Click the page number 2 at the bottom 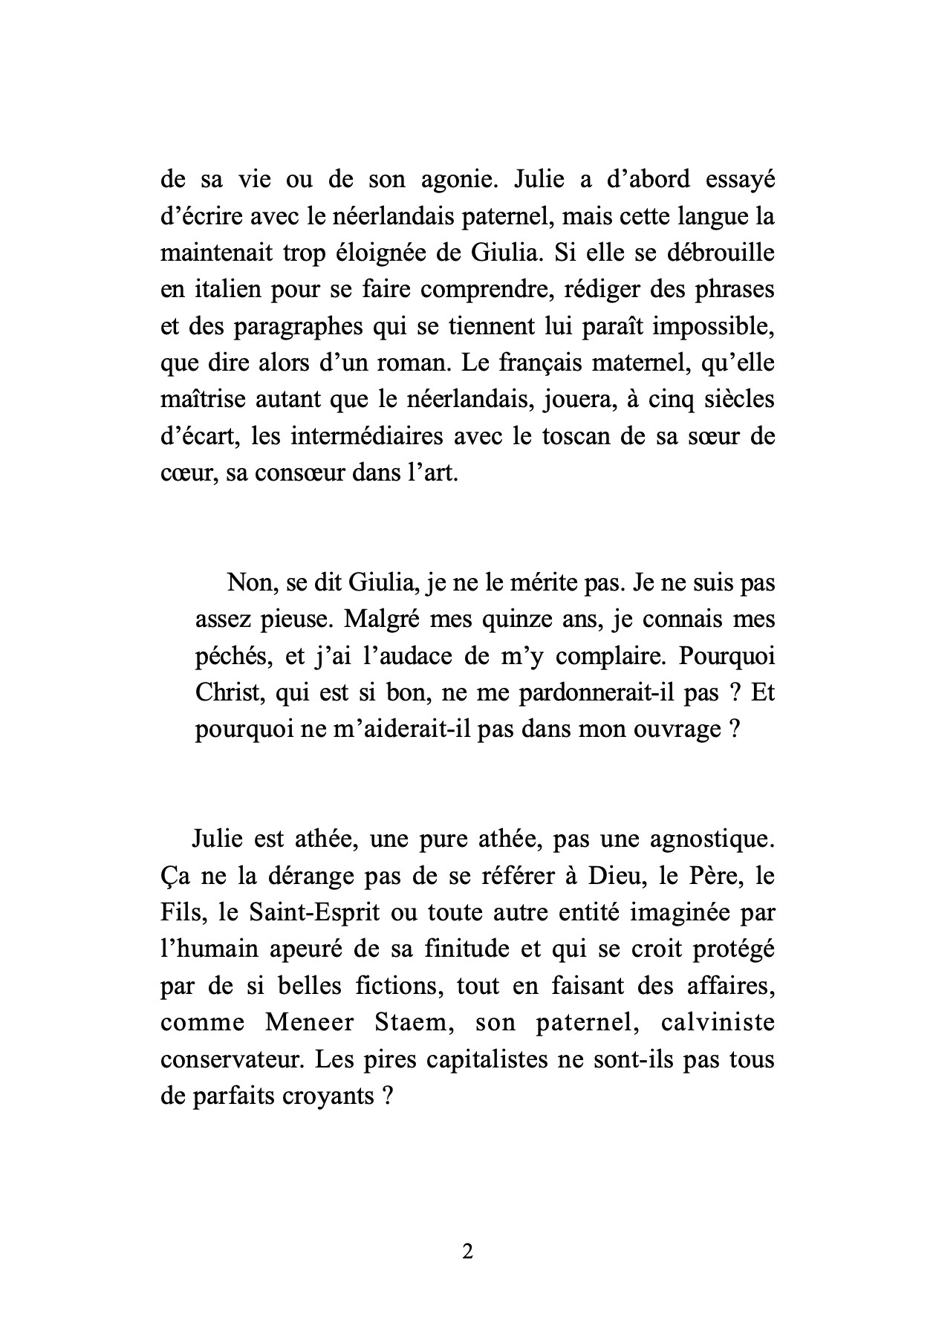[467, 1252]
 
